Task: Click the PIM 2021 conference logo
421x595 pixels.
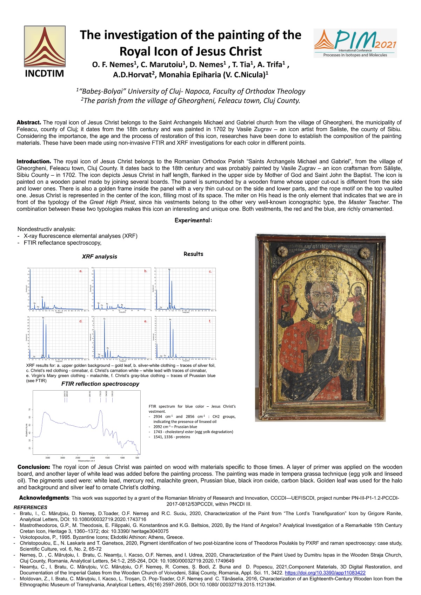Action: [355, 43]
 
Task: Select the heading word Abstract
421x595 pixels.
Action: [29, 122]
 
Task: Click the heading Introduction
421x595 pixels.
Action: [34, 161]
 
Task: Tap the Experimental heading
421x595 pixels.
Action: [193, 220]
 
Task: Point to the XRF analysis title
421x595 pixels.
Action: [99, 256]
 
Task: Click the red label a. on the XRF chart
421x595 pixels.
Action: [81, 271]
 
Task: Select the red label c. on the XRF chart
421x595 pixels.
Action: [210, 271]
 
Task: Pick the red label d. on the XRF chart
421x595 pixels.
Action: [81, 321]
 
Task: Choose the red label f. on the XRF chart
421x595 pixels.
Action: [210, 321]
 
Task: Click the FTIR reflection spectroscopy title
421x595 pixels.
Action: [100, 384]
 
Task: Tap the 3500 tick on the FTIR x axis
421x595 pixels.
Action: [48, 458]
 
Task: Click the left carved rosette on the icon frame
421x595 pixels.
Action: [281, 251]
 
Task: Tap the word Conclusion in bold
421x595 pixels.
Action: [34, 467]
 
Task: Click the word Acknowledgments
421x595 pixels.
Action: [44, 498]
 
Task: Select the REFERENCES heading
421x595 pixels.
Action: [30, 507]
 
